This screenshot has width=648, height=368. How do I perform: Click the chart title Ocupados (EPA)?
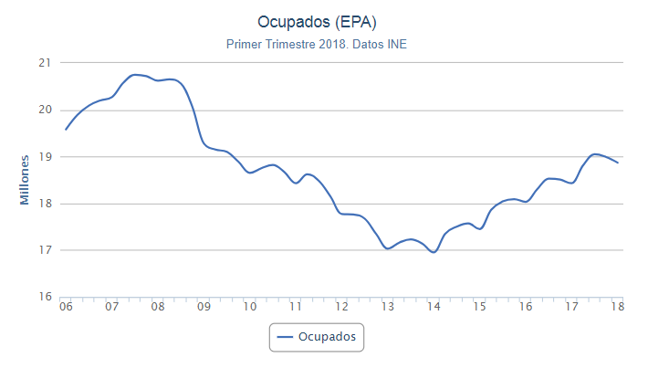point(324,21)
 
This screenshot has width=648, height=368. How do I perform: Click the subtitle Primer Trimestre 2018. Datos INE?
point(323,44)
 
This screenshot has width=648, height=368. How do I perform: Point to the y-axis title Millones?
point(25,179)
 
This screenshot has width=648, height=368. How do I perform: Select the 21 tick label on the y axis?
point(43,63)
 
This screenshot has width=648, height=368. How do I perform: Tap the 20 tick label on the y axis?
point(43,110)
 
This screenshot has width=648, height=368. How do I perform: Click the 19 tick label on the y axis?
point(43,156)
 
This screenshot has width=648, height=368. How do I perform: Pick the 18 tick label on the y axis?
point(43,204)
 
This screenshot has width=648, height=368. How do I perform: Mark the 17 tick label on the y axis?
point(43,250)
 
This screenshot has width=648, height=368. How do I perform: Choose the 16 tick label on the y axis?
point(43,297)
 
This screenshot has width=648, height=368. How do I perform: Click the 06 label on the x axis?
point(66,309)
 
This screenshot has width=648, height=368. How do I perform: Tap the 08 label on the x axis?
point(158,309)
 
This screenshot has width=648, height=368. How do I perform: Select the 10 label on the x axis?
point(249,309)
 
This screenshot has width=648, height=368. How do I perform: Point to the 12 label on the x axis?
point(341,309)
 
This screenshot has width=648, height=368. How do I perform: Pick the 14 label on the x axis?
point(434,309)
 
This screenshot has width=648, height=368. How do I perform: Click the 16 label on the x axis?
point(526,309)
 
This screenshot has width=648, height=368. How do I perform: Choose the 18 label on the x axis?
point(617,309)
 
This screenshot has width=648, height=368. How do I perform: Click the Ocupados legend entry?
point(317,337)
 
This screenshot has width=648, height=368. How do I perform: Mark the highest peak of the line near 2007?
point(135,75)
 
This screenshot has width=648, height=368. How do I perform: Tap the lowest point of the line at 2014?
point(434,252)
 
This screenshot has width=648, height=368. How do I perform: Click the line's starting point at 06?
point(66,129)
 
